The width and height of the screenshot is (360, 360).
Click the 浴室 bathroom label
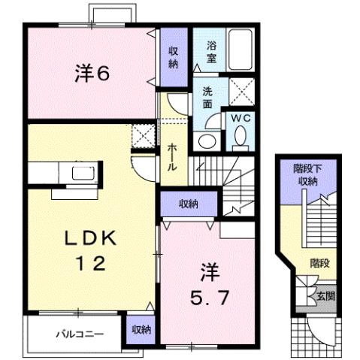[211, 52]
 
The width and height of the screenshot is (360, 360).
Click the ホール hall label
[173, 156]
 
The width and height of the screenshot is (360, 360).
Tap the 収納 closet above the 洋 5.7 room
[188, 204]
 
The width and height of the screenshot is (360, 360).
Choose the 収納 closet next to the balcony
[141, 329]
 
